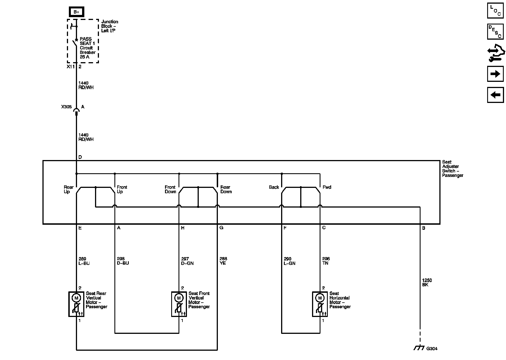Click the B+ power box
[x=76, y=12]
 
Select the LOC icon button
[x=495, y=11]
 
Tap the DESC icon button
[x=495, y=31]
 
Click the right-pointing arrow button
[x=495, y=74]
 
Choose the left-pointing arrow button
[x=495, y=95]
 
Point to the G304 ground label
[x=432, y=349]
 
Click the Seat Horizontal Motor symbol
[x=320, y=304]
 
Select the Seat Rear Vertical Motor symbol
[x=76, y=304]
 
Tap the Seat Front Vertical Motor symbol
[x=179, y=304]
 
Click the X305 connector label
[x=66, y=107]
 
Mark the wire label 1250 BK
[x=427, y=283]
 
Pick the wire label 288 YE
[x=223, y=261]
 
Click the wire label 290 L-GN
[x=289, y=261]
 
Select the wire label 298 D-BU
[x=123, y=261]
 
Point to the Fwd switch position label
[x=327, y=187]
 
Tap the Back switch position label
[x=274, y=187]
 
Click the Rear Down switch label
[x=226, y=190]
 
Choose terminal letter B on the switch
[x=424, y=228]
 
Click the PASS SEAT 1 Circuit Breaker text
[x=87, y=48]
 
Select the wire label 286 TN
[x=326, y=261]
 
